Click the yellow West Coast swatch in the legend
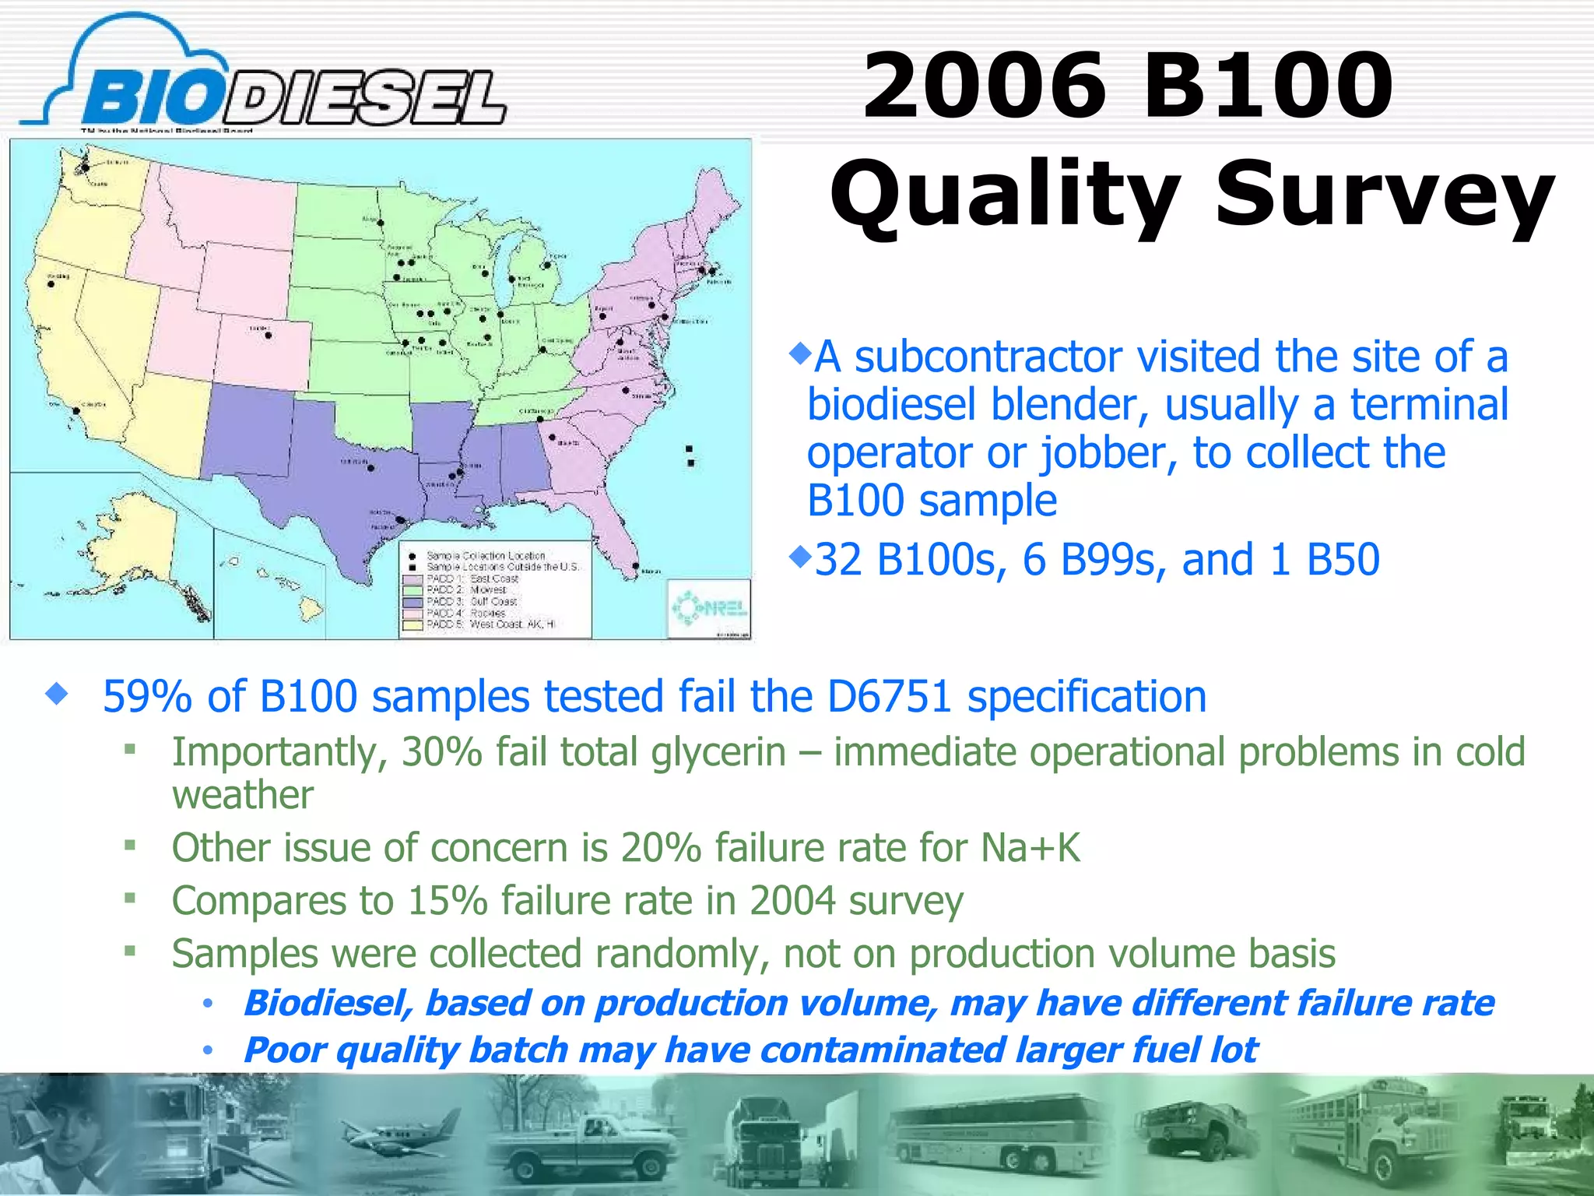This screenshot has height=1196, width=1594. (x=413, y=624)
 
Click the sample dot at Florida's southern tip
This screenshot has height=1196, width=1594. (x=636, y=566)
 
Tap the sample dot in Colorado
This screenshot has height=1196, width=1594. (x=269, y=336)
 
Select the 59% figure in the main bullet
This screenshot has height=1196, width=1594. (x=146, y=696)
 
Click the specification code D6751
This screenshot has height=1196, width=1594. (x=889, y=696)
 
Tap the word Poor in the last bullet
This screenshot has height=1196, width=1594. (x=283, y=1050)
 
